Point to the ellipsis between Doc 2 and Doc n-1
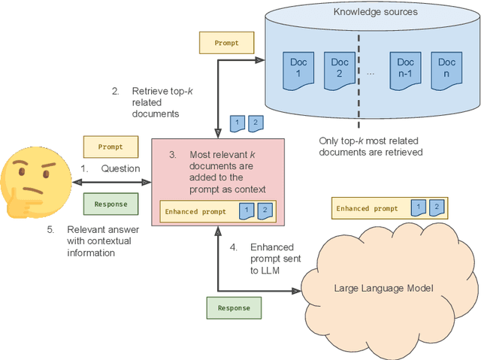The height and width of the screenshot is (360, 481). (371, 73)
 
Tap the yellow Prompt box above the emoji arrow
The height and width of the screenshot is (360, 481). (110, 147)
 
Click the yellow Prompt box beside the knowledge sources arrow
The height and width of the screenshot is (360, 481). (226, 43)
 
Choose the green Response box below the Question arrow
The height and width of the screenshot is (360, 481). (110, 204)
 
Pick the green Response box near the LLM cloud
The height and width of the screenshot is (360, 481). (233, 307)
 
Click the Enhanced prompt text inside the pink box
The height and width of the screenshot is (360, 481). (196, 212)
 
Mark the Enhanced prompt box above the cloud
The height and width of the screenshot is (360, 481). (368, 208)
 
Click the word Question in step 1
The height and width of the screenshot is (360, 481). (120, 168)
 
